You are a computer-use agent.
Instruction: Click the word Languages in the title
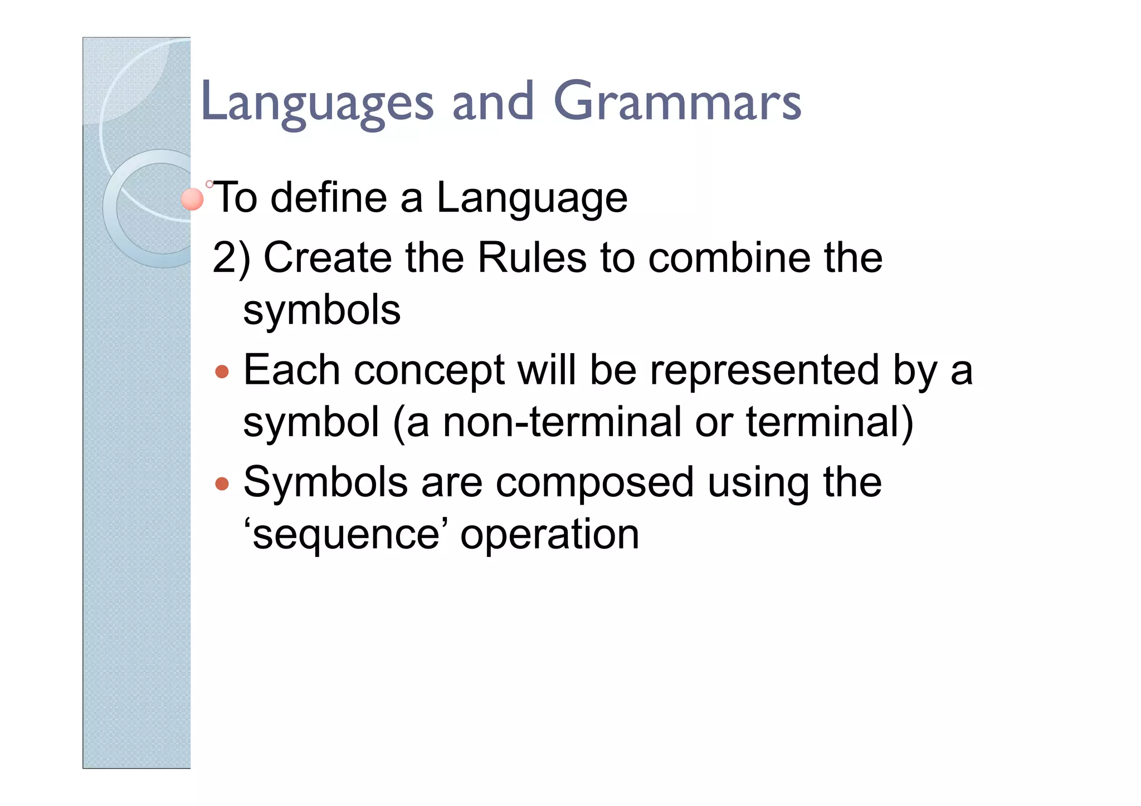pos(316,103)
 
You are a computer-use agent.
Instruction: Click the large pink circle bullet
pos(193,199)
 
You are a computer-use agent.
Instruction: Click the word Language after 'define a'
pos(532,199)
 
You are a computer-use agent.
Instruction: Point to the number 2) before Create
pos(231,258)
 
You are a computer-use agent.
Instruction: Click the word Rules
pos(532,258)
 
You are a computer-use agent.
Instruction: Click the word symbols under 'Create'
pos(321,310)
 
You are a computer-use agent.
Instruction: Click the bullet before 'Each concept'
pos(222,372)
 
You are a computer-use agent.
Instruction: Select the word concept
pos(429,372)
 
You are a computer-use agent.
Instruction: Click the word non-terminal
pos(562,422)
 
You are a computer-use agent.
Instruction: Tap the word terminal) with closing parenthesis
pos(830,422)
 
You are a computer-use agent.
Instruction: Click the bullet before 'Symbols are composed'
pos(222,483)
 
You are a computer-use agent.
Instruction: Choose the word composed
pos(594,483)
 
